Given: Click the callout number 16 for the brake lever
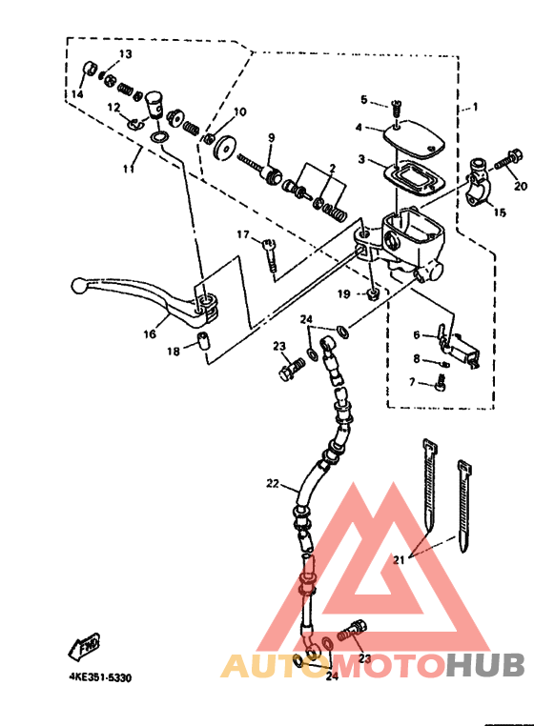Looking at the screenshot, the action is click(x=150, y=333).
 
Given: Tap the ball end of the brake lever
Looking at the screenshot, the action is click(x=78, y=285).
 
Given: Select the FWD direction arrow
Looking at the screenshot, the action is click(x=84, y=646).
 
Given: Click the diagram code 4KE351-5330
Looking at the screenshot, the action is click(x=100, y=677).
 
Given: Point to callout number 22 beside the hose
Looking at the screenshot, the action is click(x=273, y=483).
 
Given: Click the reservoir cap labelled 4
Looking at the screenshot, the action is click(x=414, y=135).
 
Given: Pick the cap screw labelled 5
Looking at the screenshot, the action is click(x=396, y=110).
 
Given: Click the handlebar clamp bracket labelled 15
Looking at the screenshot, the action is click(x=477, y=183).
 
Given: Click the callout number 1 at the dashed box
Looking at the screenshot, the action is click(x=475, y=107).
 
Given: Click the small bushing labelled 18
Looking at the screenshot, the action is click(x=202, y=341).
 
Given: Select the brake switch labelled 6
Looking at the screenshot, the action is click(x=458, y=347).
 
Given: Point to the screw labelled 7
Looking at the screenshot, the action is click(x=440, y=384).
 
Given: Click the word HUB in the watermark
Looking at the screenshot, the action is click(x=485, y=664).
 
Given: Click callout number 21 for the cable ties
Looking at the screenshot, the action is click(x=399, y=560).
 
